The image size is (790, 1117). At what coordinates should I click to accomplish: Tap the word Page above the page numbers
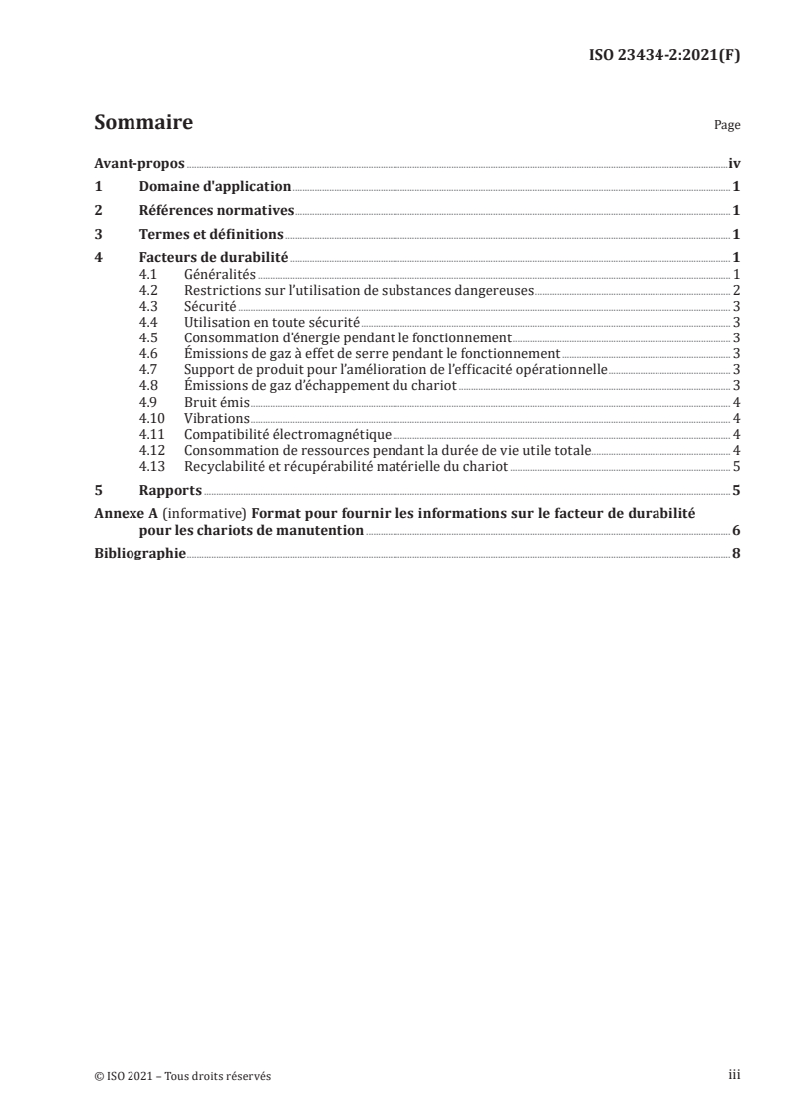[x=727, y=126]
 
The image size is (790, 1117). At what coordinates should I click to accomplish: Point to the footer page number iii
[x=735, y=1076]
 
